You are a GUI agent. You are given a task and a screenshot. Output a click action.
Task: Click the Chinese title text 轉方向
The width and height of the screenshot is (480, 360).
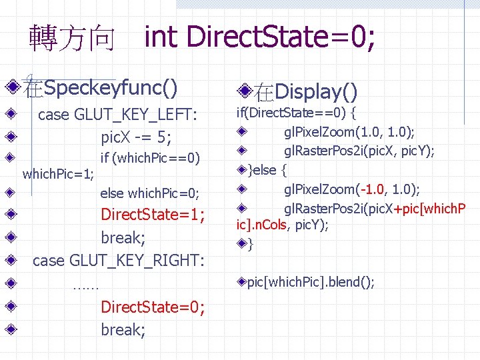point(71,39)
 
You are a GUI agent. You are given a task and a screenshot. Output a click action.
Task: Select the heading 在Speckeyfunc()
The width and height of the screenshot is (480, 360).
point(101,87)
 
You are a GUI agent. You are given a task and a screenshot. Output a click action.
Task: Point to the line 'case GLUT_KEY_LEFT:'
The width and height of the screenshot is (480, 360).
point(117,115)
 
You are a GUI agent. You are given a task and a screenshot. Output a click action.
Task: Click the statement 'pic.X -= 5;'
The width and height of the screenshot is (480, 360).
point(136,137)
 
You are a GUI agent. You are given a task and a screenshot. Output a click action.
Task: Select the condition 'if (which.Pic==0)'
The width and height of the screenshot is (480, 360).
point(149,159)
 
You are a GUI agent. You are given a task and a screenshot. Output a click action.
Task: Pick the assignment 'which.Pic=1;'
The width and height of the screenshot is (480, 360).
point(58,175)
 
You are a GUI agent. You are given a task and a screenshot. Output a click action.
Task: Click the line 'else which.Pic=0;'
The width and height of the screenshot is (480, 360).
point(149,193)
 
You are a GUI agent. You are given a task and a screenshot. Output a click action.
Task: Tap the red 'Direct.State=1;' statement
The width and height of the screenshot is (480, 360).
point(152,215)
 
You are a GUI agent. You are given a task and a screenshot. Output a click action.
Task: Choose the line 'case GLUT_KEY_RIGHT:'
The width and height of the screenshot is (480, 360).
point(118,260)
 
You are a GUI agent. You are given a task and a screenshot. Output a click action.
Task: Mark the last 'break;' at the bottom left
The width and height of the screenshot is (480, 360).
point(123,329)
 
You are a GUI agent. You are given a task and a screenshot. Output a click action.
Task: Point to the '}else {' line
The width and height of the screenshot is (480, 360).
point(267,170)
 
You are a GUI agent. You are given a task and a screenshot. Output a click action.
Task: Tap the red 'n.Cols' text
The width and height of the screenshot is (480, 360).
point(271,225)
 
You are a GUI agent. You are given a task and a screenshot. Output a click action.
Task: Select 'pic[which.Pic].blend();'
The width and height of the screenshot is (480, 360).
point(311,282)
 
